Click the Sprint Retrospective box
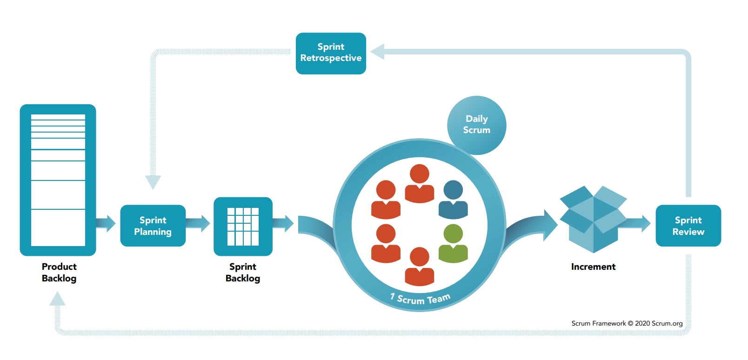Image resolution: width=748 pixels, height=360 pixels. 331,53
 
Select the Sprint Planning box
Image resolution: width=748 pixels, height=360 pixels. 153,226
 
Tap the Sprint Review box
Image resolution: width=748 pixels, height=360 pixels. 688,226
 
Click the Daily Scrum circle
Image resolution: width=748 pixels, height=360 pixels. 476,125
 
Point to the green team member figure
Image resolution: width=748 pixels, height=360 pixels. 453,243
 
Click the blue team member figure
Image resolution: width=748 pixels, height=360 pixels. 453,200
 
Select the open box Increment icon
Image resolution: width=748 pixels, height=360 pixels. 593,219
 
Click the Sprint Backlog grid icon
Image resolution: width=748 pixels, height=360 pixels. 243,227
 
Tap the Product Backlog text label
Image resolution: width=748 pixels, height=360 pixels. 59,273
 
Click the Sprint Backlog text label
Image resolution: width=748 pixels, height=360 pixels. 243,273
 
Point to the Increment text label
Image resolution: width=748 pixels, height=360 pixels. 593,267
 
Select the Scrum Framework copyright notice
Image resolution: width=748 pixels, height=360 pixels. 627,323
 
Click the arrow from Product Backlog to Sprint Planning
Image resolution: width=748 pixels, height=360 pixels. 106,224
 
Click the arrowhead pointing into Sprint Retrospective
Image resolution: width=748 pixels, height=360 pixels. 378,52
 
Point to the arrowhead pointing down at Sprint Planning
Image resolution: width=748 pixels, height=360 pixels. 153,182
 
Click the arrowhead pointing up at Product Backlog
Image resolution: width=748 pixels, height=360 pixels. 58,299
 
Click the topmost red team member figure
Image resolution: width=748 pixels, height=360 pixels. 420,183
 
